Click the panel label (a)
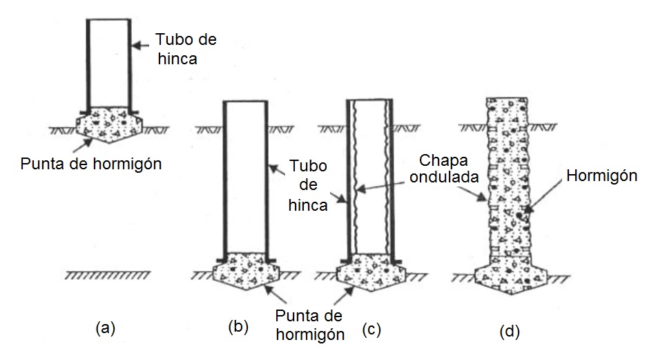[x=104, y=329]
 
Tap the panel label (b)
[x=238, y=328]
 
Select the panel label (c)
[x=371, y=330]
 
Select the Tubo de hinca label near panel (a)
[x=185, y=49]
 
